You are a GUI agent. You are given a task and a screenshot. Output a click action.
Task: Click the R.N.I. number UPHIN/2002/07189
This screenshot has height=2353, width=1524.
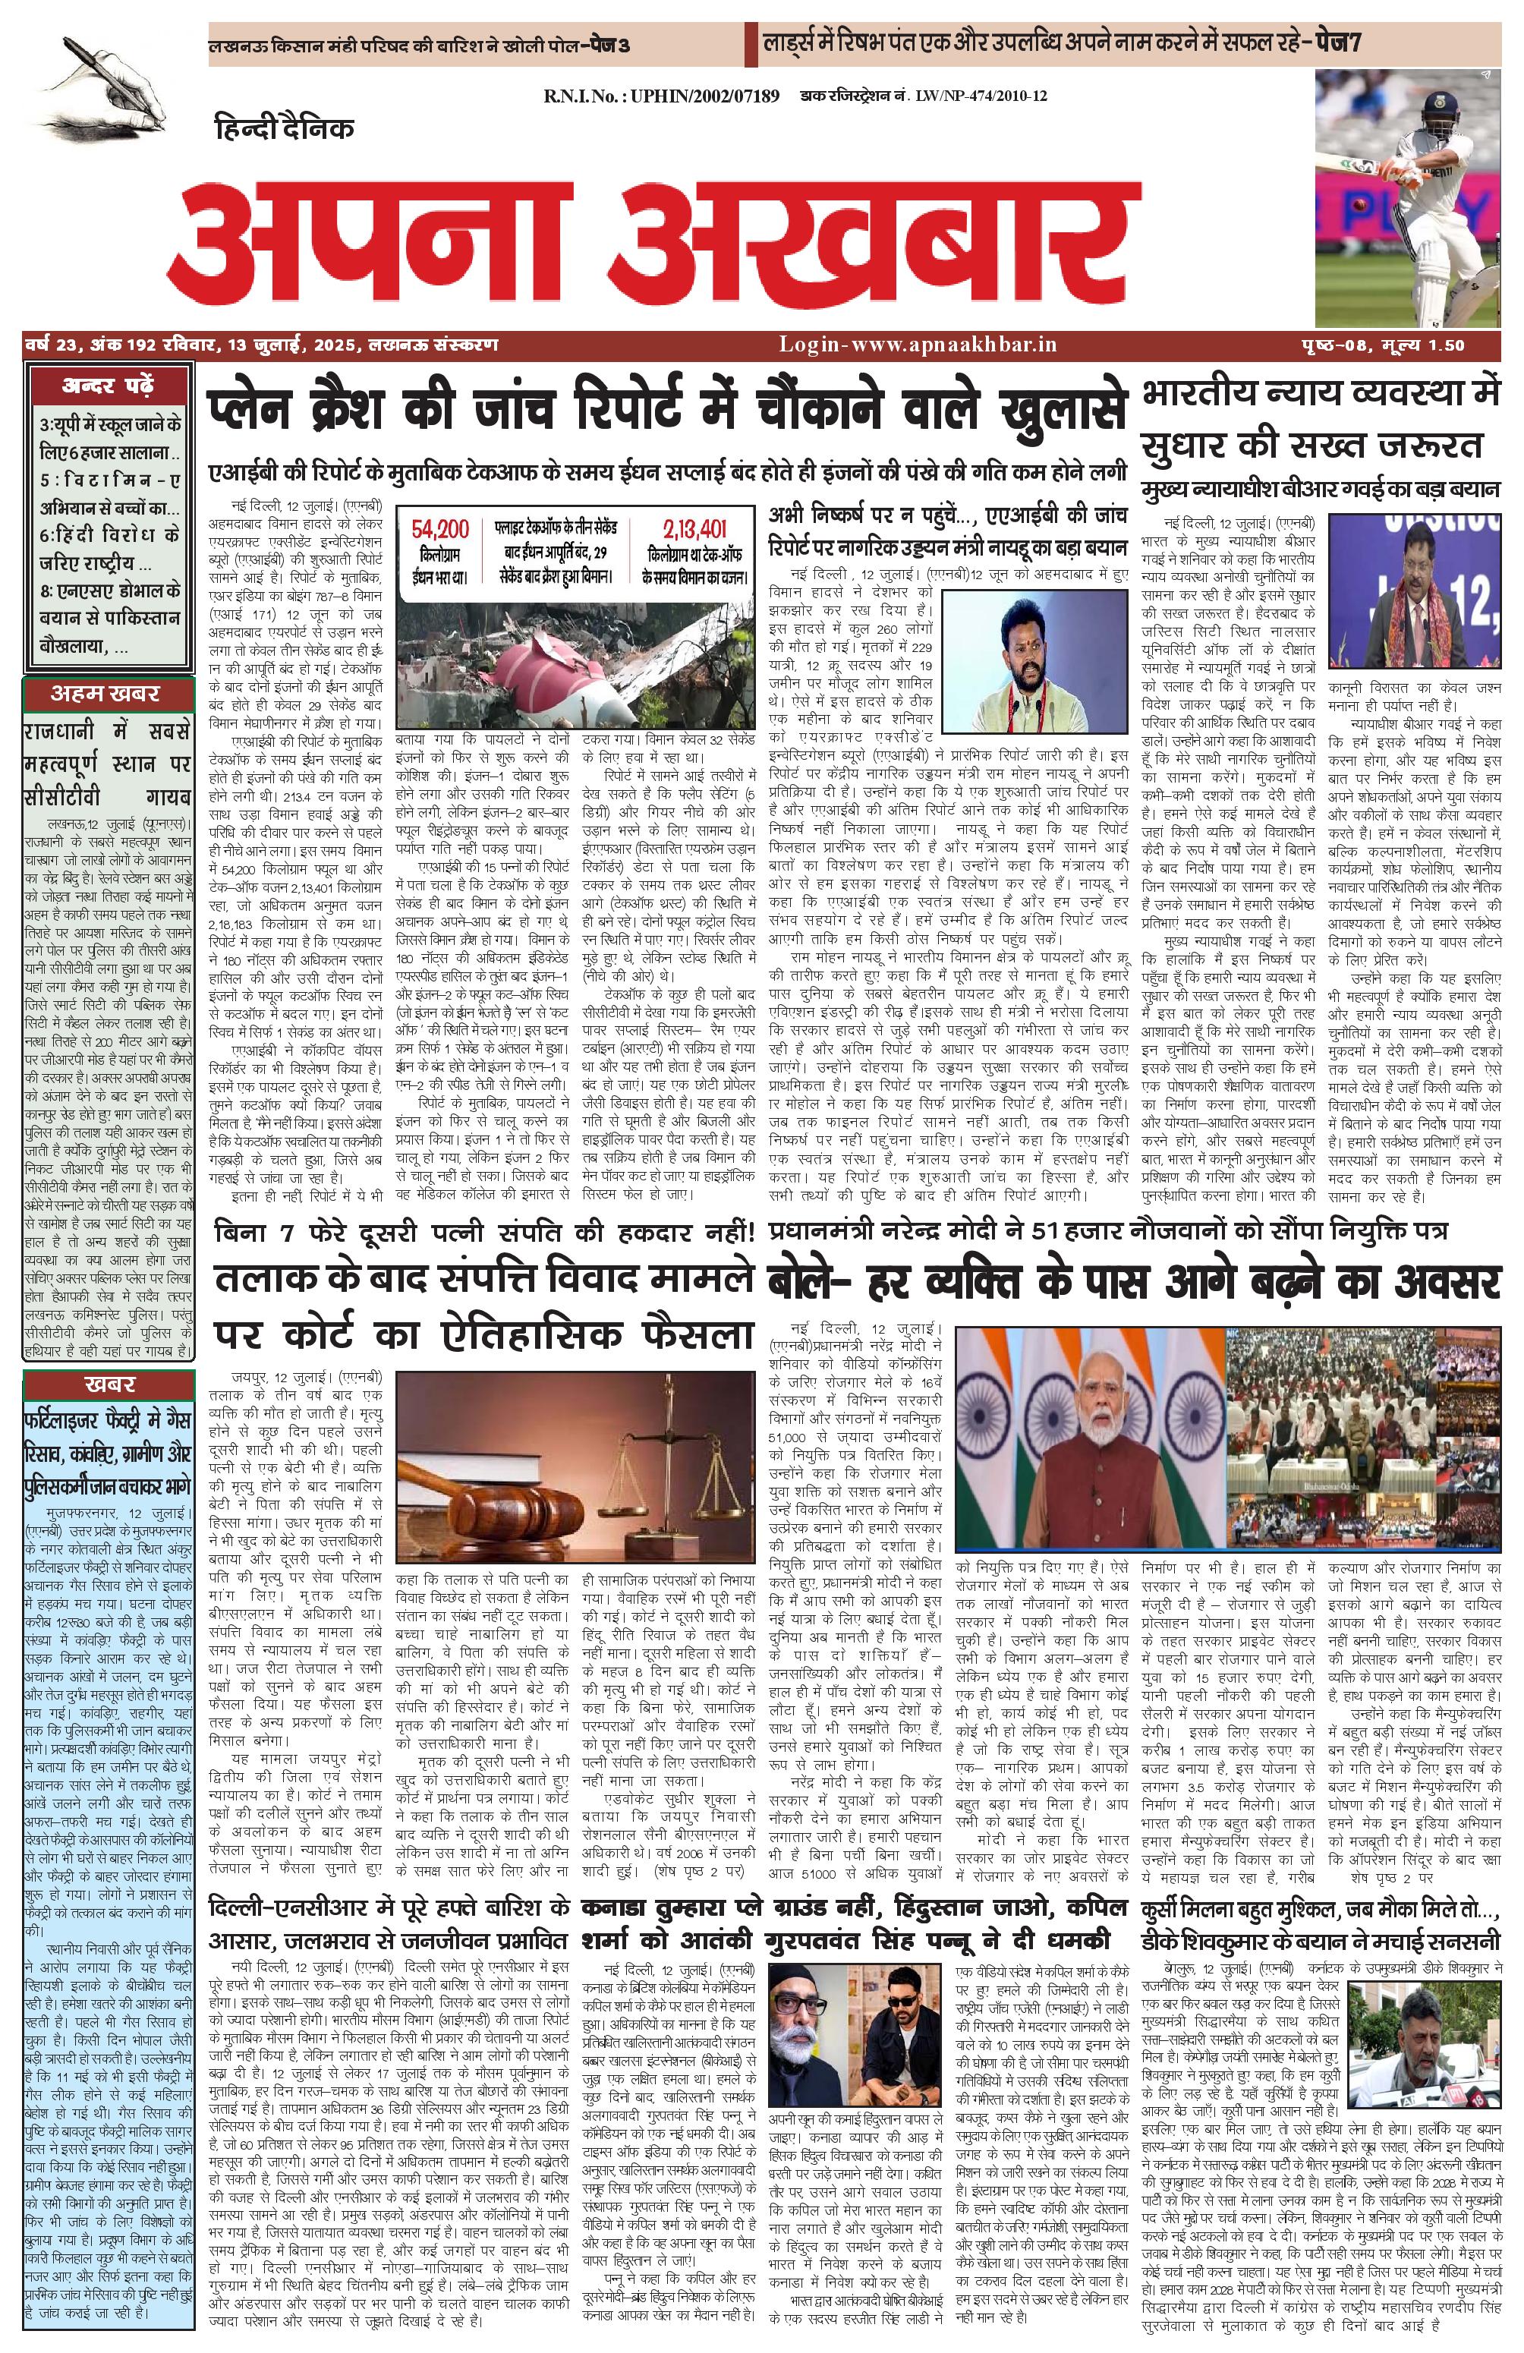pyautogui.click(x=661, y=96)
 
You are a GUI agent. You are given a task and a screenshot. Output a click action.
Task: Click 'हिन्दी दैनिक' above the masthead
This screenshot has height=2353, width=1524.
pyautogui.click(x=284, y=128)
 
